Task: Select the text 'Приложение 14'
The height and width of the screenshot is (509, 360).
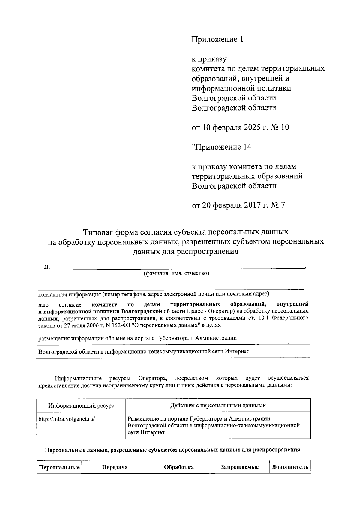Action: click(x=222, y=147)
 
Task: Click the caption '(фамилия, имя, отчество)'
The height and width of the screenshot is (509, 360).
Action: click(x=176, y=273)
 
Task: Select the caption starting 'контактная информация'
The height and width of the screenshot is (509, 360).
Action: click(x=154, y=294)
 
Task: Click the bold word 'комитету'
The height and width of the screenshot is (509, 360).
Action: click(x=104, y=305)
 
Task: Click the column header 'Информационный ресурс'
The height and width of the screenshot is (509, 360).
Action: click(x=81, y=406)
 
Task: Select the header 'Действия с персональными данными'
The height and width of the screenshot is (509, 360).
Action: click(x=218, y=406)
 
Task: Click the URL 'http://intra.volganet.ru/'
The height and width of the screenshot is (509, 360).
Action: click(x=67, y=419)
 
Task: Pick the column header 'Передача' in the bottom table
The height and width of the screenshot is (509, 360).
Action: click(x=115, y=467)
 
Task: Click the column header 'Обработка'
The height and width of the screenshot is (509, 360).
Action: click(x=179, y=467)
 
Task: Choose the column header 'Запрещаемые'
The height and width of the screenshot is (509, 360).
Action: click(x=240, y=467)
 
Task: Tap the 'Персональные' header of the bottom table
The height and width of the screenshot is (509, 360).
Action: click(x=59, y=467)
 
